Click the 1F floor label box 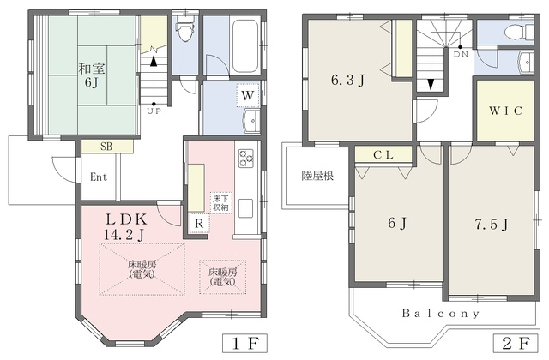pos(244,344)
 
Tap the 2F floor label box pos(516,344)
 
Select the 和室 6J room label pos(92,75)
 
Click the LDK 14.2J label pos(125,226)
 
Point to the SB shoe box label pos(106,147)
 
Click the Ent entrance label pos(99,177)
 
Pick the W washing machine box pos(248,95)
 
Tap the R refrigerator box pos(199,223)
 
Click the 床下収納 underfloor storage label pos(221,203)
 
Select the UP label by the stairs pos(154,111)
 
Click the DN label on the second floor pos(461,54)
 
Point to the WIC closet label pos(505,111)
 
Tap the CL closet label pos(383,154)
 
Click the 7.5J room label pos(492,225)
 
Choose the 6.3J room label pos(348,80)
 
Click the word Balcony pos(440,314)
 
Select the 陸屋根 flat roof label pos(317,176)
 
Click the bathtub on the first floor pos(245,45)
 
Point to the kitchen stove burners pos(246,158)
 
